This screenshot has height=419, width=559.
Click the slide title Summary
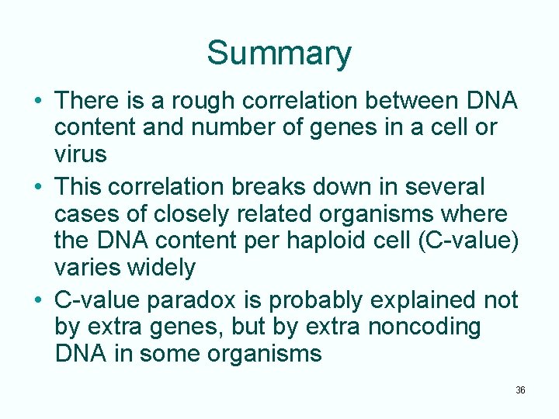click(279, 54)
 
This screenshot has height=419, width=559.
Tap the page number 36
click(520, 390)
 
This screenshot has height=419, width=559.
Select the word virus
click(80, 155)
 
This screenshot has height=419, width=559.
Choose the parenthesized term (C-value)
click(468, 241)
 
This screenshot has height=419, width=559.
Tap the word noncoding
click(424, 327)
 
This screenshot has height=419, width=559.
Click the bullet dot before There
click(37, 102)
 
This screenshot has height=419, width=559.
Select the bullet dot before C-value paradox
click(37, 300)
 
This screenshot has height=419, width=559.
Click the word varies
click(85, 268)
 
